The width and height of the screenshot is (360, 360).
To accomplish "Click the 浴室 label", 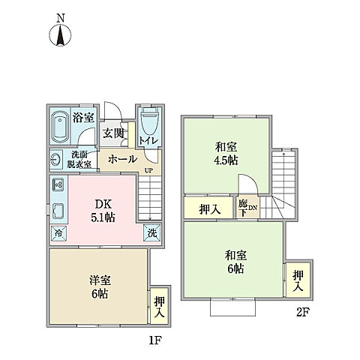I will pyautogui.click(x=83, y=117).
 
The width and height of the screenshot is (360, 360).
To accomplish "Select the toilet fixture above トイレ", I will pyautogui.click(x=148, y=120).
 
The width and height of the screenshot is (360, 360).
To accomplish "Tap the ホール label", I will pyautogui.click(x=122, y=159).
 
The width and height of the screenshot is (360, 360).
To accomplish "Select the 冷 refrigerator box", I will pyautogui.click(x=57, y=233).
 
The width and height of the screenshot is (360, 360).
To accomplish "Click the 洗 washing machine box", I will pyautogui.click(x=152, y=233).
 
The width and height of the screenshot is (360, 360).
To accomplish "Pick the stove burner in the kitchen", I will pyautogui.click(x=58, y=184).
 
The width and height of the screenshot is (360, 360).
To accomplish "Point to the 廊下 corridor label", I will pyautogui.click(x=244, y=206).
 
